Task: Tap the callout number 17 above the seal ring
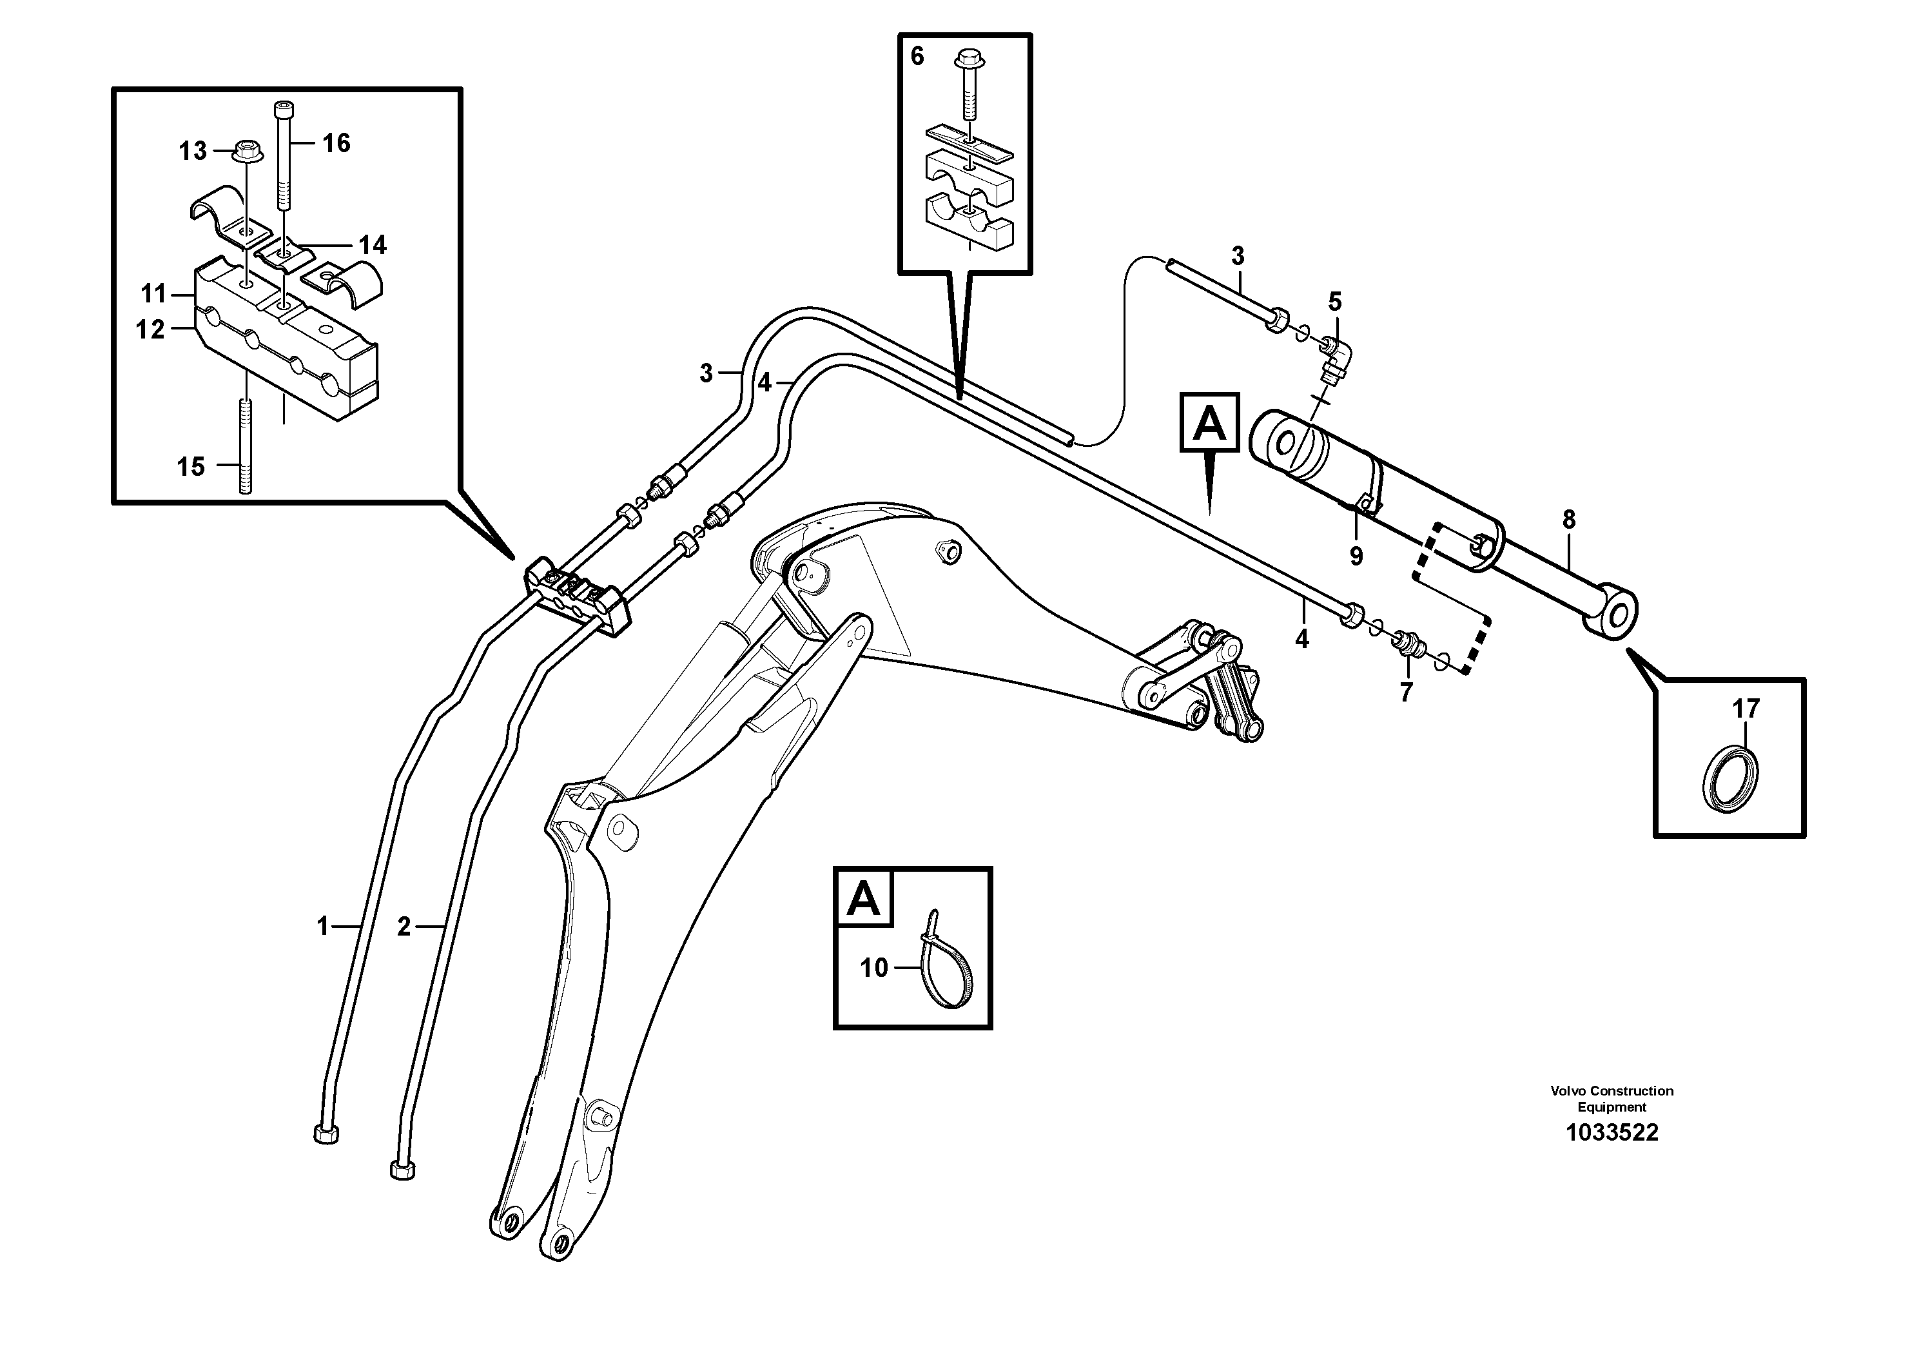coord(1745,709)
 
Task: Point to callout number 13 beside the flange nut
coord(192,152)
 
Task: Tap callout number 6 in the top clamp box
coord(917,57)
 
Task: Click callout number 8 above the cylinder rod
coord(1569,520)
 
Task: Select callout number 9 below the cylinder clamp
coord(1356,556)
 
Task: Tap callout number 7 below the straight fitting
coord(1406,693)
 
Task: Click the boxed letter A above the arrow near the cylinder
coord(1209,423)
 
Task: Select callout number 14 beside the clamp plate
coord(372,245)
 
